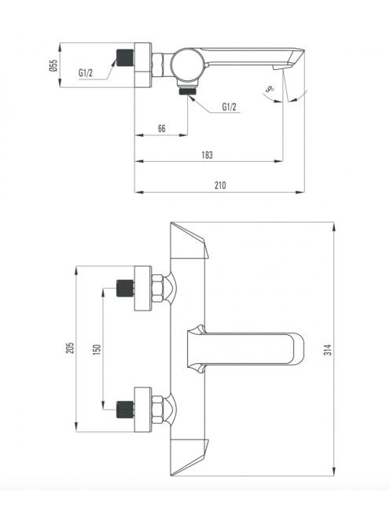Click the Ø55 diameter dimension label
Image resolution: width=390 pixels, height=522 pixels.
[x=53, y=65]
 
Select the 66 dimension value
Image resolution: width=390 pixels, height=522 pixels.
[x=161, y=128]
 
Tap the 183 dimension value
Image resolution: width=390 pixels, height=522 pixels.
[x=207, y=155]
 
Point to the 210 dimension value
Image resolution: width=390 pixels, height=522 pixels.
[x=220, y=185]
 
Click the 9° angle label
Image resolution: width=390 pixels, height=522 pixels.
[x=270, y=89]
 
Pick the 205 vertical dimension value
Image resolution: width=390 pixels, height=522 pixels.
[x=70, y=348]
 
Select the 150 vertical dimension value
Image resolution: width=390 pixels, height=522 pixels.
[x=97, y=350]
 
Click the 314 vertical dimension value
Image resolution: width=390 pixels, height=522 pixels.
[x=328, y=350]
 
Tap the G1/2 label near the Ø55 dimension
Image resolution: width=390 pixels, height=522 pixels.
[x=86, y=72]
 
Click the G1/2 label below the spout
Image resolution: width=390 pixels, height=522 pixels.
[x=229, y=107]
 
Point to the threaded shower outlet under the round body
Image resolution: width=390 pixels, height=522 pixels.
[x=187, y=90]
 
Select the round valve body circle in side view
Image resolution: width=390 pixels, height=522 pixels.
[x=186, y=65]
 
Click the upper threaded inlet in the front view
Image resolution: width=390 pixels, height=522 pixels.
[x=125, y=289]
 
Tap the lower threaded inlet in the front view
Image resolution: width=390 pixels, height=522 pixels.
[x=125, y=410]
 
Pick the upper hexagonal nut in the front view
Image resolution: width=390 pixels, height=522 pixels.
[x=157, y=289]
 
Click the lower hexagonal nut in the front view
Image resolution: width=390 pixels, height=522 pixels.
[x=157, y=410]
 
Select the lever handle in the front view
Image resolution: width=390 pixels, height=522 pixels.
[x=246, y=348]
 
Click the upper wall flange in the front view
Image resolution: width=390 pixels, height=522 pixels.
[x=143, y=289]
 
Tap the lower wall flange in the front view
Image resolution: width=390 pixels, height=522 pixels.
[x=143, y=410]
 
